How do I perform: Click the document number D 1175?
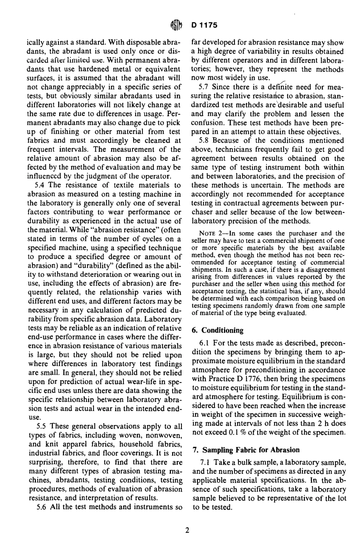204,25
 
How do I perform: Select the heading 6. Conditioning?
218,330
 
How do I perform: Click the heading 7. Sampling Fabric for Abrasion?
246,450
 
